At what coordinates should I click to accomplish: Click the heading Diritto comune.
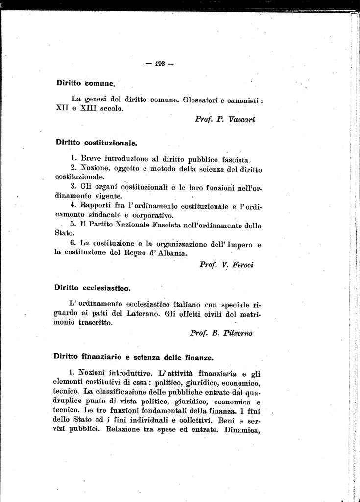tap(86, 83)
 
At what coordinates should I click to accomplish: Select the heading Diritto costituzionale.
tap(96, 143)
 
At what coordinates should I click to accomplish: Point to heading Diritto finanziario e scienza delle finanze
tap(133, 357)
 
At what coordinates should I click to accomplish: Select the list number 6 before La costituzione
tap(72, 243)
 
